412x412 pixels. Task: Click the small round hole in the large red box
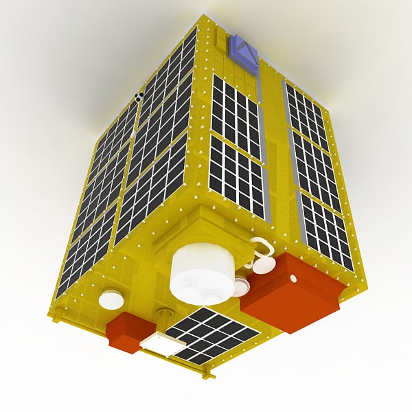pos(293,279)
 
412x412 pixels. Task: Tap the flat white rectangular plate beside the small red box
pos(161,342)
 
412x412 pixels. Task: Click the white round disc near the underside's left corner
pos(111,299)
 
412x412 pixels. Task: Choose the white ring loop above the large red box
pos(260,247)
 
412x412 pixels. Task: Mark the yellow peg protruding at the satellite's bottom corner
pos(207,374)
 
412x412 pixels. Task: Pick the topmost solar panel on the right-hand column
pos(306,115)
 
